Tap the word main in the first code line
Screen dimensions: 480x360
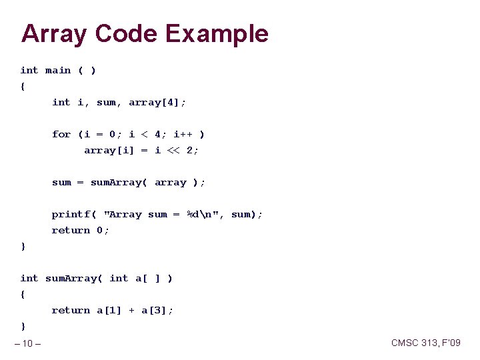[58, 70]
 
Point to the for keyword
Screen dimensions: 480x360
[61, 134]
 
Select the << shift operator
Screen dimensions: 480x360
[174, 150]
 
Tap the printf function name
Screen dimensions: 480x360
[71, 214]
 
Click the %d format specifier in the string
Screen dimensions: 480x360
[193, 214]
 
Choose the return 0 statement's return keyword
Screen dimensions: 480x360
[71, 230]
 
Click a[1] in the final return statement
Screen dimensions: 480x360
[109, 310]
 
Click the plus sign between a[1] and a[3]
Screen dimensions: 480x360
[132, 310]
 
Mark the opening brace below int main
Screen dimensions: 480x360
[23, 86]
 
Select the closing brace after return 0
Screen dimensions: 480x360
[23, 246]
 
